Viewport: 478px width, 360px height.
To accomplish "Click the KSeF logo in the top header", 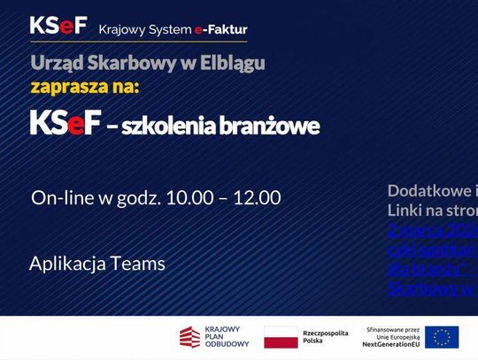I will tap(58, 27).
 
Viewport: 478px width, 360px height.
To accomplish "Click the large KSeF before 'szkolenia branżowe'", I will tap(65, 124).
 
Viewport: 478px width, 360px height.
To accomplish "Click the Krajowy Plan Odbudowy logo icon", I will tap(189, 337).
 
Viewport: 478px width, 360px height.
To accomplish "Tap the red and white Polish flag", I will tap(281, 337).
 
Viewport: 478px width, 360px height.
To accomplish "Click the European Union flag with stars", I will tap(442, 337).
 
